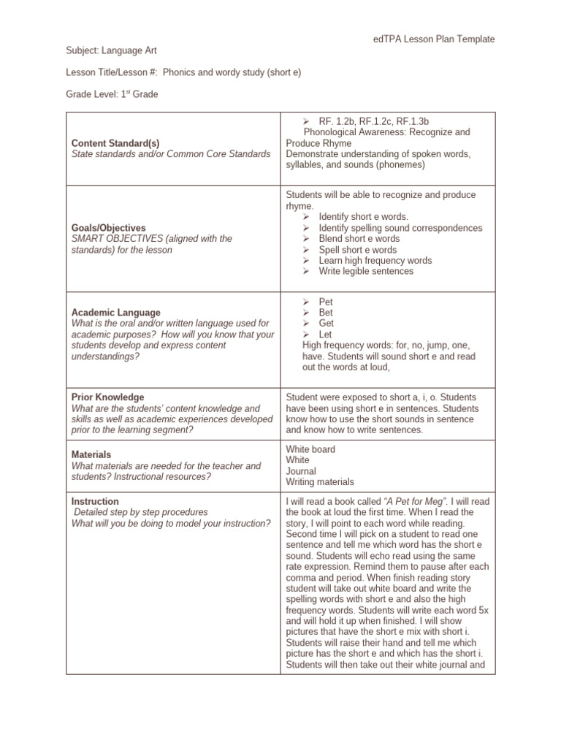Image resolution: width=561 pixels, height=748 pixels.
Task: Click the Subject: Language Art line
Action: click(x=111, y=50)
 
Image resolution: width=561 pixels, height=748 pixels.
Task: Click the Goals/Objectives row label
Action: click(x=108, y=228)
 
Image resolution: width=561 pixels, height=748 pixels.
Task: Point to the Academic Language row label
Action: click(x=115, y=313)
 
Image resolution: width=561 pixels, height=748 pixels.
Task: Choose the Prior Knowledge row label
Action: click(x=107, y=397)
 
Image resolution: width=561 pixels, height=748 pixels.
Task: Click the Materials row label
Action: click(x=91, y=454)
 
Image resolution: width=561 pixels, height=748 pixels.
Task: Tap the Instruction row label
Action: click(x=95, y=502)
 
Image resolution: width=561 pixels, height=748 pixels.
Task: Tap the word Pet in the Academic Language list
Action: click(x=326, y=302)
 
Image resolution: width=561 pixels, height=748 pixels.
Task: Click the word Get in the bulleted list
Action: click(x=326, y=324)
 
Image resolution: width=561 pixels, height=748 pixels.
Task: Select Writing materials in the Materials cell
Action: click(x=320, y=482)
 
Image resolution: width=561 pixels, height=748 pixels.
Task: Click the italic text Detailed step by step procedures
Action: click(x=141, y=512)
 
